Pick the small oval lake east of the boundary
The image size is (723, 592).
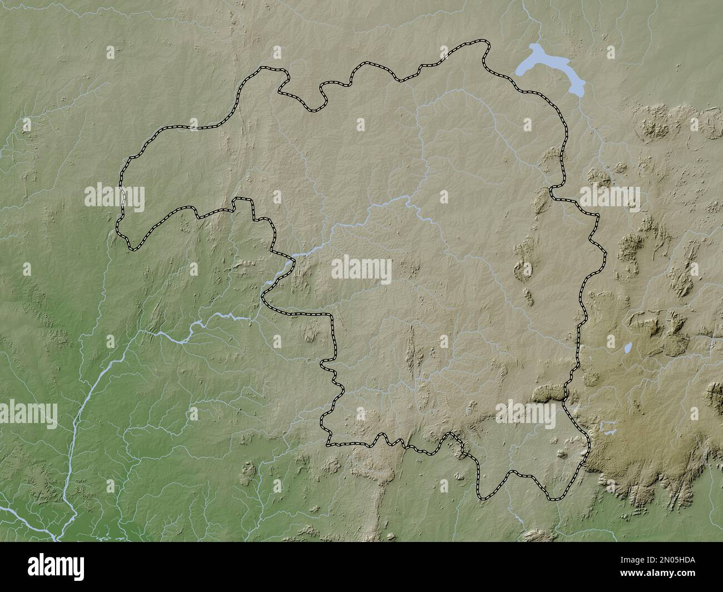click(x=628, y=349)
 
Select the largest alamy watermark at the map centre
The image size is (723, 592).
click(x=361, y=270)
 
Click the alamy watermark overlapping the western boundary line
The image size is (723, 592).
click(x=115, y=198)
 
